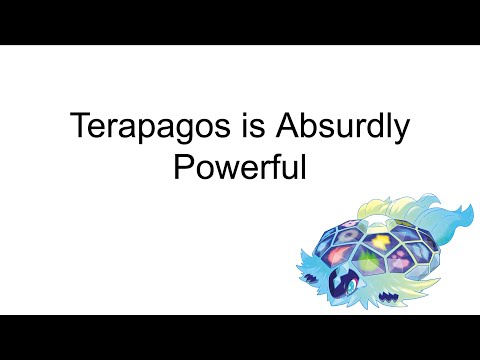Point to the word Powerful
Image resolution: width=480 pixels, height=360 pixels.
238,166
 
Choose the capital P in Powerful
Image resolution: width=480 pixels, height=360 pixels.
183,166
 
